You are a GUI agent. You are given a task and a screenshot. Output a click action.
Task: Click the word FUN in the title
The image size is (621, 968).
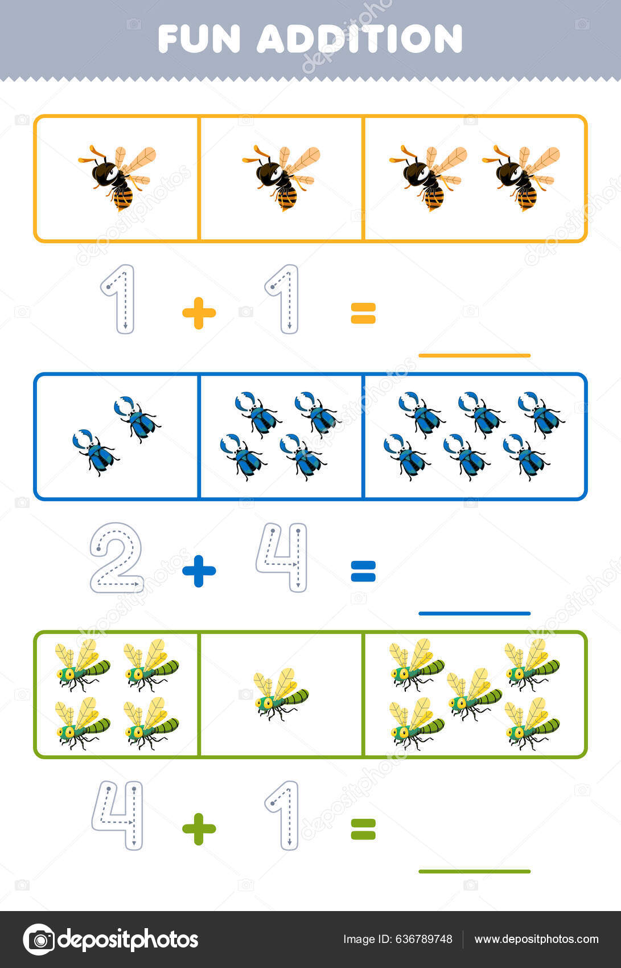[x=199, y=39]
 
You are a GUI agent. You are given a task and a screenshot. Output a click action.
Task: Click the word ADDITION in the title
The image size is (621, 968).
[x=359, y=39]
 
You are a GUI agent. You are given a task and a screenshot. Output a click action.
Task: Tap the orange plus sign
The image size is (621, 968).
[x=199, y=313]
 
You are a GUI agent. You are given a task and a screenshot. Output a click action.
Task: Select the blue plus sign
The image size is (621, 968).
[x=199, y=571]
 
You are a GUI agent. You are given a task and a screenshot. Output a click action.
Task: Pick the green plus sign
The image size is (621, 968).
[x=199, y=829]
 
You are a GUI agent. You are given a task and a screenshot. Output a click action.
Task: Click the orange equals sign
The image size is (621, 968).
[x=363, y=313]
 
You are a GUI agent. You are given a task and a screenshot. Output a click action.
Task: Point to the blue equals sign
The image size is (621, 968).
[x=363, y=571]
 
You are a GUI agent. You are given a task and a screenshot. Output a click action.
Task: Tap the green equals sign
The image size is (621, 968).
[x=363, y=829]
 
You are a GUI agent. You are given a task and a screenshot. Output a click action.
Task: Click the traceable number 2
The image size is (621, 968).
[x=116, y=558]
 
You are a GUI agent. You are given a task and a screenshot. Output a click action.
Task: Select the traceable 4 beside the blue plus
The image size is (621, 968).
[x=282, y=557]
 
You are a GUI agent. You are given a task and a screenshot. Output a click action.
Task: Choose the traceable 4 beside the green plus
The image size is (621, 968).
[x=118, y=815]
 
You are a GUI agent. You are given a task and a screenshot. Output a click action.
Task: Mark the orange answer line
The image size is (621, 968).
[x=474, y=355]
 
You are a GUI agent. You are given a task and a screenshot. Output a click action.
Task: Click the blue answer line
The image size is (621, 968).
[x=474, y=613]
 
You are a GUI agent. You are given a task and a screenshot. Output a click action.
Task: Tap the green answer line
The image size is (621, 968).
[x=474, y=871]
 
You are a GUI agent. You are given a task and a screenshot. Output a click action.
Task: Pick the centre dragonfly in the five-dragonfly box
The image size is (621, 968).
[x=474, y=695]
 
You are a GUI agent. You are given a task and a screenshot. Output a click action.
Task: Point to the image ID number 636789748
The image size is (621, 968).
[x=423, y=940]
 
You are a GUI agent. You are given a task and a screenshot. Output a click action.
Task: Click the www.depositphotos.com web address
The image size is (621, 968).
[x=536, y=940]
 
